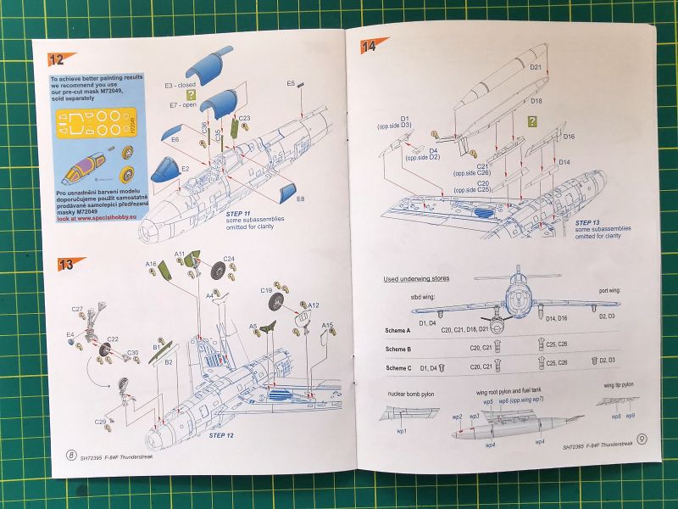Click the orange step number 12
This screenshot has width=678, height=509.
(57, 59)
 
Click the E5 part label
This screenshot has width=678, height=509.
(291, 83)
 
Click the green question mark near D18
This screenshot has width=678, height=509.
(531, 121)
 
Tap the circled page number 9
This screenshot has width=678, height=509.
(642, 439)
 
